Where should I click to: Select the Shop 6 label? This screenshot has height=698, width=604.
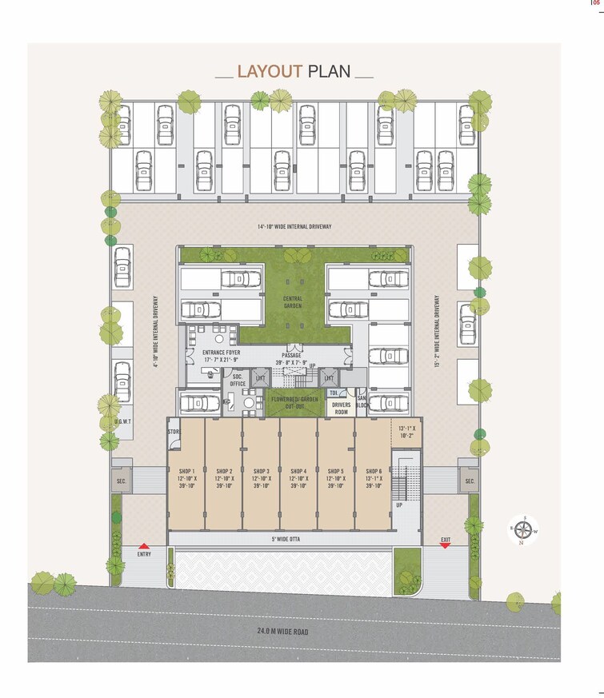point(374,478)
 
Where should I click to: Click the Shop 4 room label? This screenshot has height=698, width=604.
point(299,478)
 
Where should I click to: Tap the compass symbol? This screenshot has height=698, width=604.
point(524,528)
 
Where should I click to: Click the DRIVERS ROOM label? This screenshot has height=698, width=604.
point(342,409)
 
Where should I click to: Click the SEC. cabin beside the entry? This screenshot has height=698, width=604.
point(122,481)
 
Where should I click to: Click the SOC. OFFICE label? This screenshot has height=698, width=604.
point(238,381)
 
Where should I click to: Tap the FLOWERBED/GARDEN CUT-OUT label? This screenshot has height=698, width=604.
point(294,402)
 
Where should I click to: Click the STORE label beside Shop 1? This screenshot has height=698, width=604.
point(173,433)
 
